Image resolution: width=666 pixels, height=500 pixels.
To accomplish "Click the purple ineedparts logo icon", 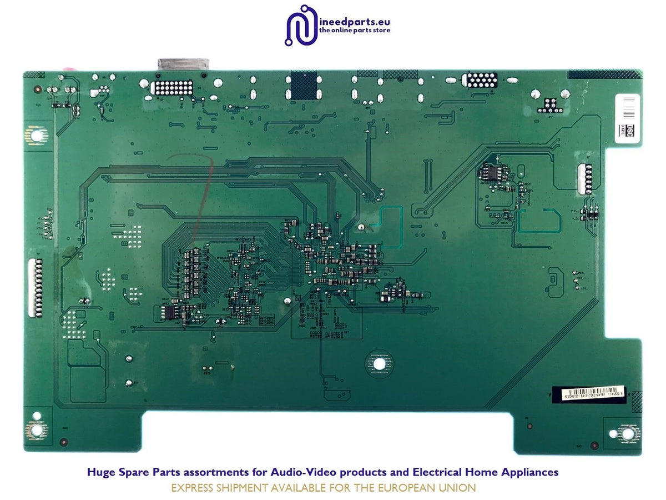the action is click(300, 26).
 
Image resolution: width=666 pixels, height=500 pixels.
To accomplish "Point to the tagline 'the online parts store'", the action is click(355, 30).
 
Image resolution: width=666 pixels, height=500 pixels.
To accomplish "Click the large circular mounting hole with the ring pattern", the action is click(379, 363).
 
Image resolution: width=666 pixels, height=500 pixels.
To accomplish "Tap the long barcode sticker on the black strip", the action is click(589, 391).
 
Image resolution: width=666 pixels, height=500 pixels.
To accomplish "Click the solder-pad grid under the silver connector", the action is click(174, 88).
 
